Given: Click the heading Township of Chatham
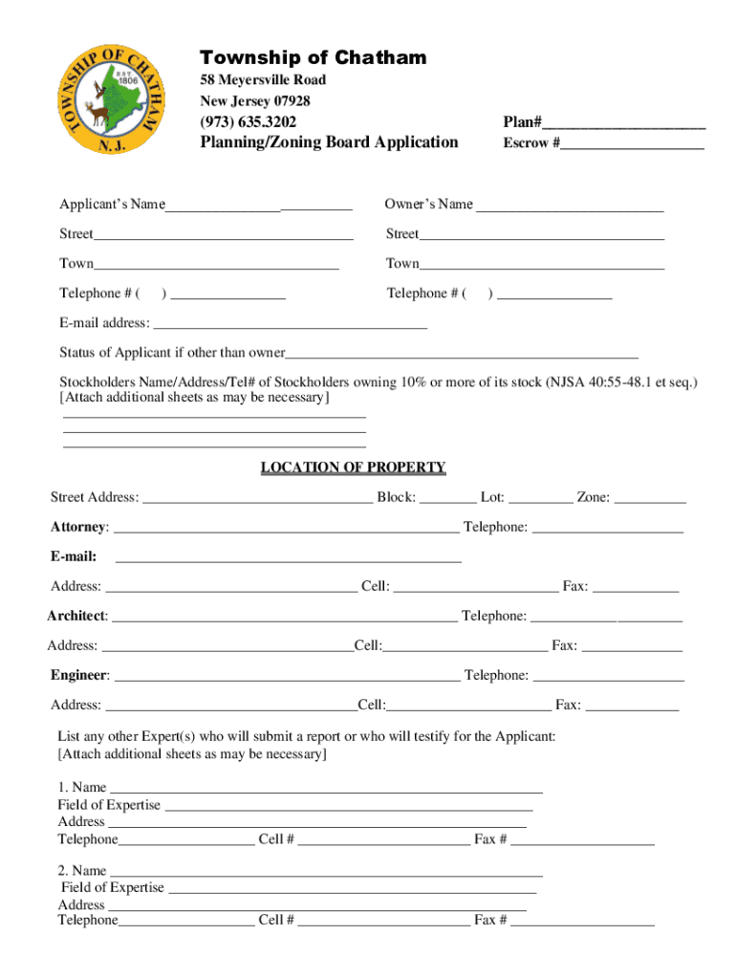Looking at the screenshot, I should click(x=313, y=58).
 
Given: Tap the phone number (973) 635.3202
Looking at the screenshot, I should click(x=248, y=121).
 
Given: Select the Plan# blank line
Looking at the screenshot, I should click(x=624, y=124).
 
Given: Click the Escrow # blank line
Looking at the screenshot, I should click(x=632, y=145).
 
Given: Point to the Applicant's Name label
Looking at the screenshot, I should click(x=112, y=205).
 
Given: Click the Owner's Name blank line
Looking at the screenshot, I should click(x=570, y=207).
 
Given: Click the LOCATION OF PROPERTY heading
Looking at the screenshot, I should click(x=353, y=468).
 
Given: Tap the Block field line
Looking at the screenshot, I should click(x=447, y=499).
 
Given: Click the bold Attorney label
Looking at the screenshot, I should click(x=79, y=528).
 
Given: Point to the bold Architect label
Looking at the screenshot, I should click(x=77, y=617).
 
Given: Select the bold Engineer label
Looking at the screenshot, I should click(x=79, y=676).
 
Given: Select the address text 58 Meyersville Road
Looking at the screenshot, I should click(x=263, y=80).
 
